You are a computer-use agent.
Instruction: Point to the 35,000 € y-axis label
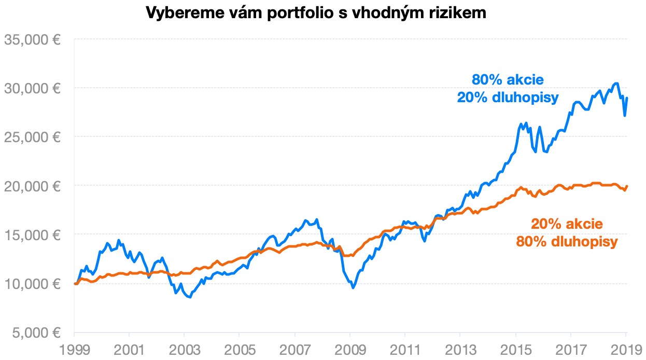[34, 39]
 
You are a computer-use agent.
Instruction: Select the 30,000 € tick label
[34, 88]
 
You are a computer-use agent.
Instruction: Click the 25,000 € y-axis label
[34, 137]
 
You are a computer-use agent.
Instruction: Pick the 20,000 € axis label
[34, 186]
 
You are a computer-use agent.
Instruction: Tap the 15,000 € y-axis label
[34, 234]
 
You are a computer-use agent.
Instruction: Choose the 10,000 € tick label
[34, 284]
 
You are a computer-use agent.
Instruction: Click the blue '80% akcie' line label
[507, 80]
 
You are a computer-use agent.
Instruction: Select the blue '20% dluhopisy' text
[507, 98]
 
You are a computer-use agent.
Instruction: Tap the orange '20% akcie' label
[567, 224]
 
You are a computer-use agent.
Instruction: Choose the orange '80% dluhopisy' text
[567, 242]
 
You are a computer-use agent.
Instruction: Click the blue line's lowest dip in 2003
[190, 297]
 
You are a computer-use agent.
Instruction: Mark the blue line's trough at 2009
[353, 287]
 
